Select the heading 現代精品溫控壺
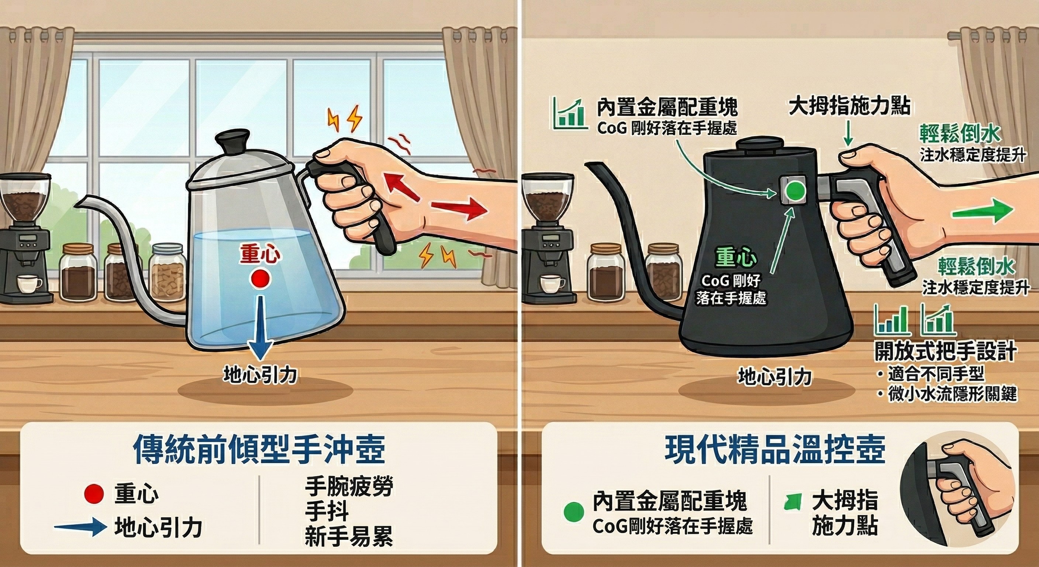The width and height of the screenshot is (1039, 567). coord(775,450)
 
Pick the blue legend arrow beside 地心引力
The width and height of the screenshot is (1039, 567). coord(81,528)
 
